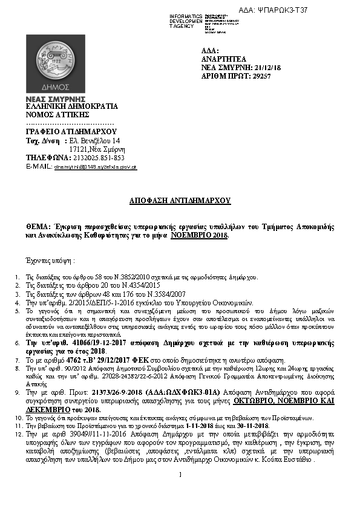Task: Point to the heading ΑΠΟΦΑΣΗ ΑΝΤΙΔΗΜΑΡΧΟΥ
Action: tap(180, 200)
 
